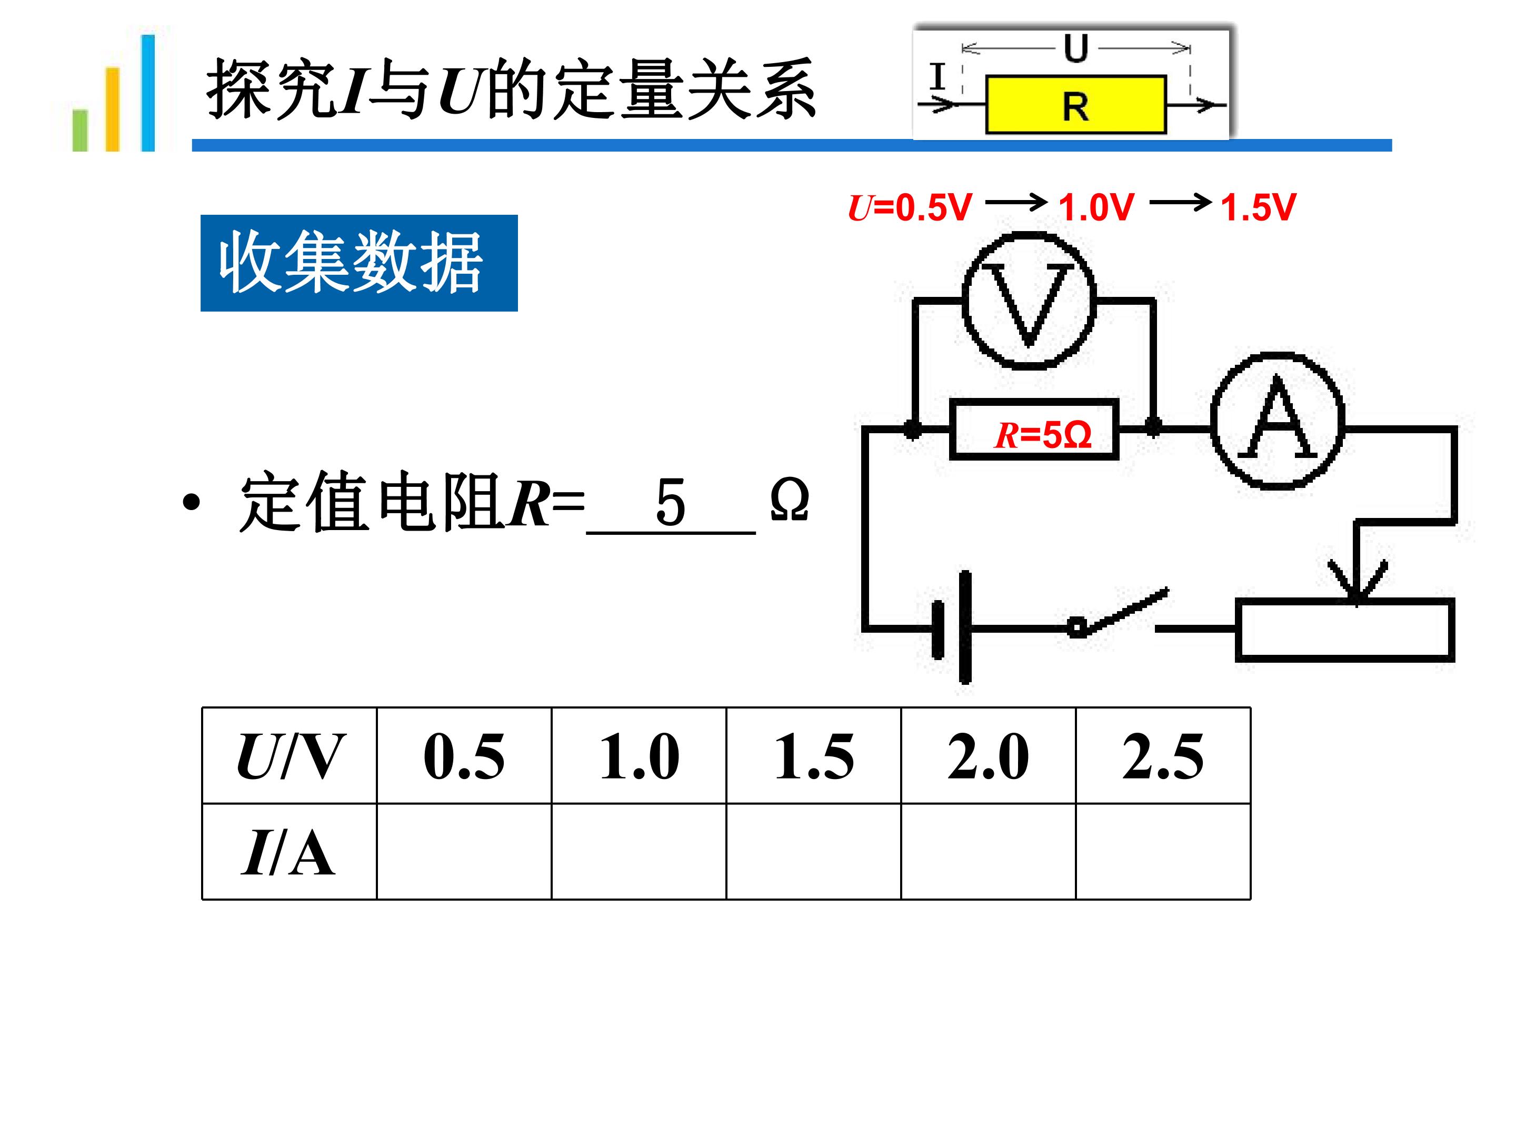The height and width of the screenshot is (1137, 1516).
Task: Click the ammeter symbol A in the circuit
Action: click(1278, 421)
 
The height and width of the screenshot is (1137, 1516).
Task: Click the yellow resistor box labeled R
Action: click(1075, 105)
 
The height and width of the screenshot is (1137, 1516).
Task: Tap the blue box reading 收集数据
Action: click(358, 263)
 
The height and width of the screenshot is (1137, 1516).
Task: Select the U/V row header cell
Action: click(289, 755)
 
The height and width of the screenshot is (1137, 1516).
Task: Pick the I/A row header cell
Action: click(289, 851)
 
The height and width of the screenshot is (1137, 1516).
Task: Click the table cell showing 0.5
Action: click(464, 755)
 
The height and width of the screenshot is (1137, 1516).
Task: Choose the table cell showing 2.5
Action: click(1163, 755)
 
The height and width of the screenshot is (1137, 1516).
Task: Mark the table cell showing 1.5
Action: click(813, 755)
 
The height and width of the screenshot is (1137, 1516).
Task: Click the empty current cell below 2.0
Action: click(988, 851)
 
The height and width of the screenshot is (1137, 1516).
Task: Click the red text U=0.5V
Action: click(910, 207)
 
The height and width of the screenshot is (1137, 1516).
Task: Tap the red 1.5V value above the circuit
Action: click(1258, 207)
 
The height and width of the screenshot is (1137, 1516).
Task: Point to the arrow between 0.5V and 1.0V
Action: click(1016, 202)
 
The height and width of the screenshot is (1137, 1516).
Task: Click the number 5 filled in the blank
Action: click(670, 502)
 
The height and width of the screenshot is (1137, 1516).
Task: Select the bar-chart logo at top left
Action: click(113, 93)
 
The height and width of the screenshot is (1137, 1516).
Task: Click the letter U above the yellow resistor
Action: click(1076, 48)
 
